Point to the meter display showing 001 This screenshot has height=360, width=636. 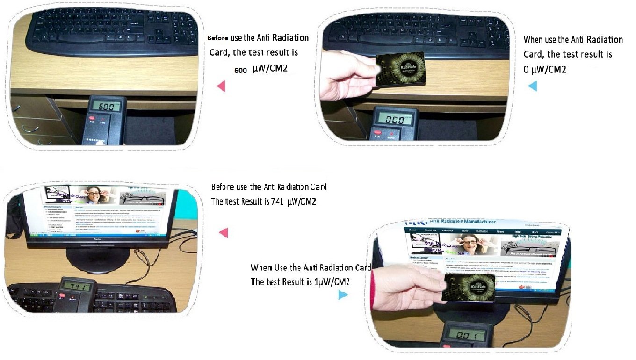point(466,335)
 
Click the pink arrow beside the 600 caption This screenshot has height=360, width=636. point(221,86)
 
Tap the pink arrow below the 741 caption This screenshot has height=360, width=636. point(223,232)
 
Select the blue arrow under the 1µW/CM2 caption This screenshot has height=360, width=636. point(343,295)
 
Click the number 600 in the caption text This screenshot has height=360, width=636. point(240,70)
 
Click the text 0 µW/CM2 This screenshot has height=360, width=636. point(545,69)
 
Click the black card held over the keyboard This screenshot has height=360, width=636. point(400,69)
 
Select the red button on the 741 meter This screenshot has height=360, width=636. point(62,295)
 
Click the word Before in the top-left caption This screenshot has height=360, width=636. point(217,38)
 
